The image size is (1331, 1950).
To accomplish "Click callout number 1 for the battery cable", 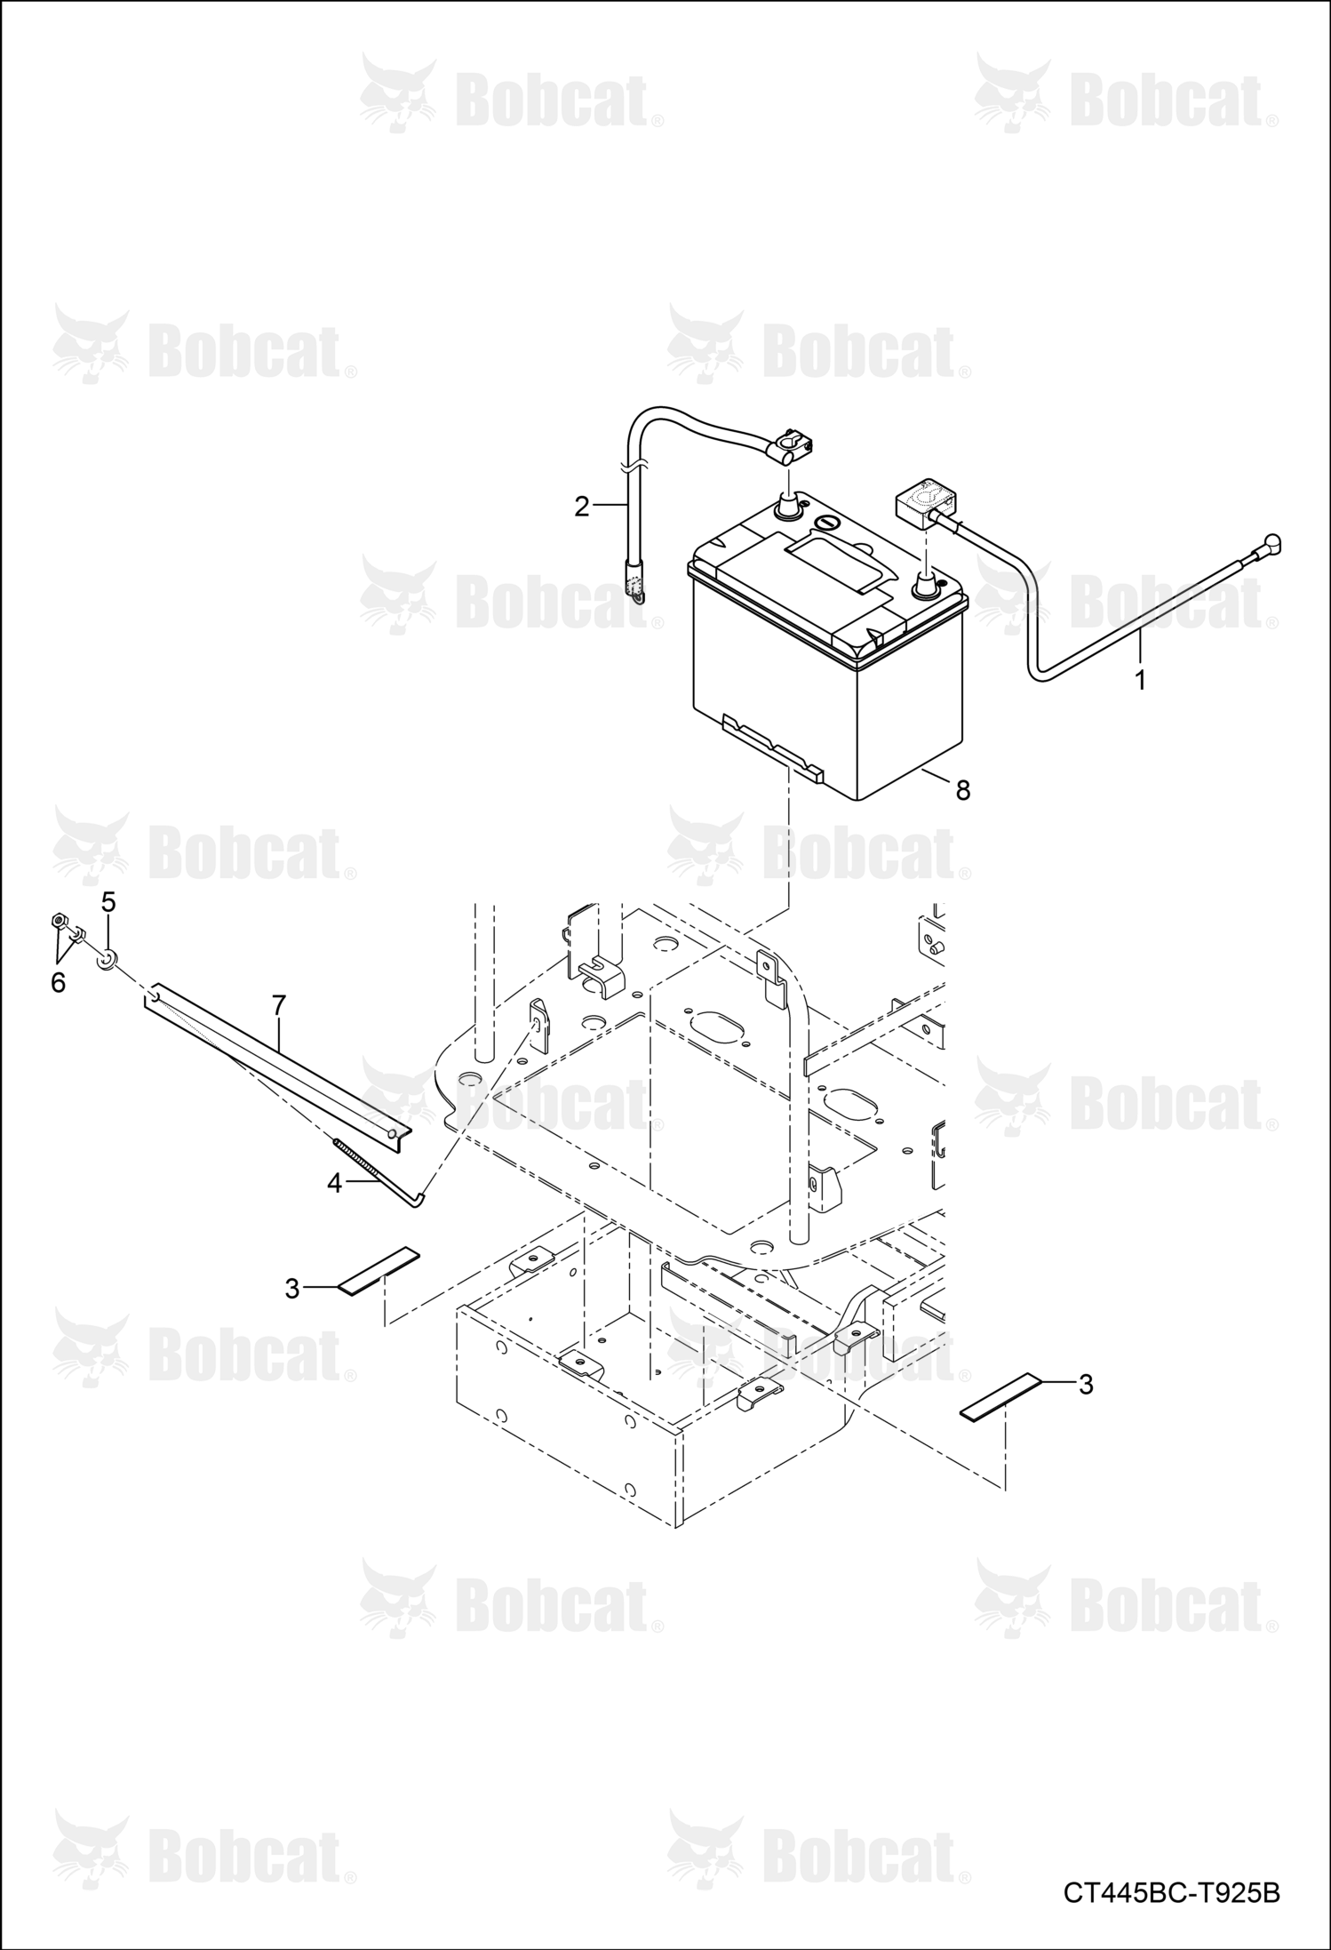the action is (1140, 680).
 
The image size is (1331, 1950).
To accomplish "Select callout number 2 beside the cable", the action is (582, 507).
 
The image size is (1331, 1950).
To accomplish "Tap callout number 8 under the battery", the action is (963, 790).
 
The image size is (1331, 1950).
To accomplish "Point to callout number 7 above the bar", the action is (279, 1006).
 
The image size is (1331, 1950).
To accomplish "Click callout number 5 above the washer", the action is (108, 903).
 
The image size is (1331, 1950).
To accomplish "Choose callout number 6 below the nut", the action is (59, 983).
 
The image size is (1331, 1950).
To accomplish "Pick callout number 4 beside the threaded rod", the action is (335, 1184).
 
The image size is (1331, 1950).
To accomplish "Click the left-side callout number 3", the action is (292, 1289).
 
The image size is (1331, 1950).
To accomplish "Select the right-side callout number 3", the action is (1086, 1384).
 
